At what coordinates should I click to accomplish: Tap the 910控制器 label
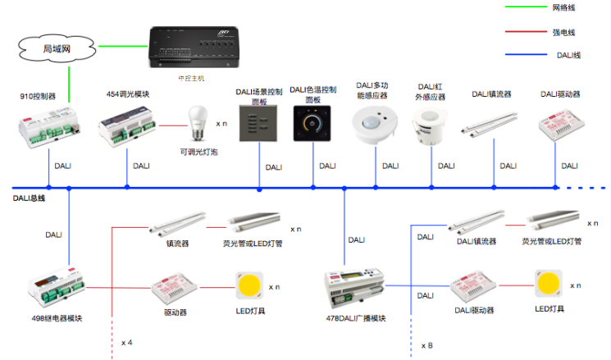pos(38,96)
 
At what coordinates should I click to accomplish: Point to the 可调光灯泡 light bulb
pos(197,123)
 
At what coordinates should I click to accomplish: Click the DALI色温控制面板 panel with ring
pos(314,125)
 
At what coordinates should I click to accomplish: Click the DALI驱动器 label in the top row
pos(559,94)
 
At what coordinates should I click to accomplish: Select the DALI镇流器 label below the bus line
pos(477,241)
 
